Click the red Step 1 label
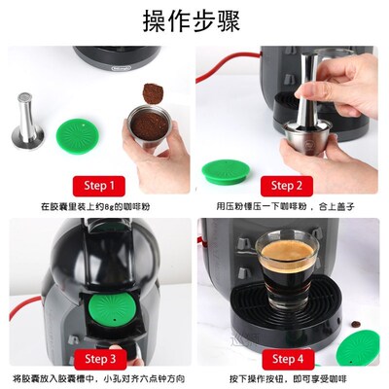[x=98, y=185]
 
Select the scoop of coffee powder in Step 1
[x=152, y=93]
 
